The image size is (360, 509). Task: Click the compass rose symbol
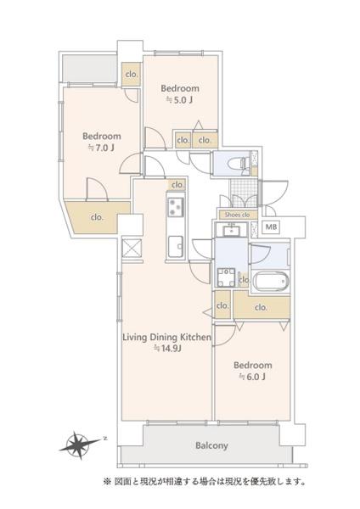79,445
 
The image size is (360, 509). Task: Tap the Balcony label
211,445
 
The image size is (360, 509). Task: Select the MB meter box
272,227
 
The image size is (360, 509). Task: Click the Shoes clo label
237,215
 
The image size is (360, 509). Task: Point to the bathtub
270,282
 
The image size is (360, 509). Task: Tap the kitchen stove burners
175,207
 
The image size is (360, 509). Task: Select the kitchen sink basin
176,246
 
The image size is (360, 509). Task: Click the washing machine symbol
226,277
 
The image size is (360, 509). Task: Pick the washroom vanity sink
231,231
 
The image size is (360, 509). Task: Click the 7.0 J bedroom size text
101,148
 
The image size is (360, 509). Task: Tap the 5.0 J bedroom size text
180,100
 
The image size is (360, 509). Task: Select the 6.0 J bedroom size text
252,377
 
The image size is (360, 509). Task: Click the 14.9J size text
167,349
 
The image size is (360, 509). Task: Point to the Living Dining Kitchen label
166,338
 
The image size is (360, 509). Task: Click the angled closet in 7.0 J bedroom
97,217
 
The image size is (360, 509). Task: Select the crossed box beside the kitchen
132,249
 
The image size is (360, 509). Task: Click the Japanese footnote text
205,481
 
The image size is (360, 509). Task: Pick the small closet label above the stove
177,185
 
